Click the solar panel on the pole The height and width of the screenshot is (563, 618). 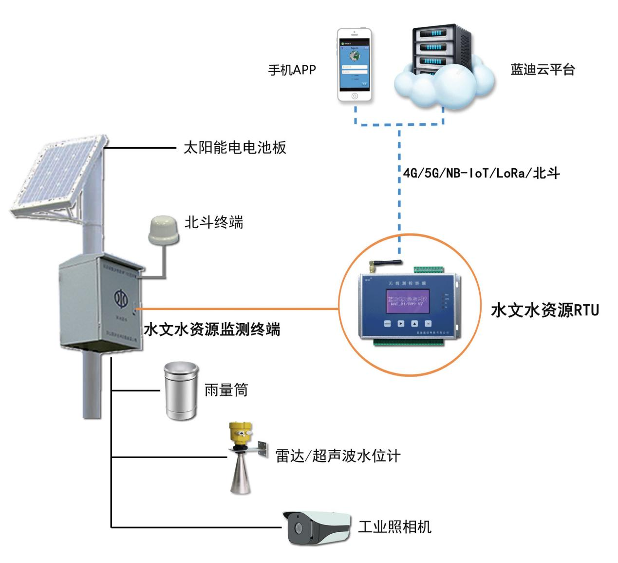pyautogui.click(x=57, y=176)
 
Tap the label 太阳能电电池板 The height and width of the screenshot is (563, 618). pyautogui.click(x=235, y=147)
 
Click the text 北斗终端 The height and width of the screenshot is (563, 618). pyautogui.click(x=213, y=222)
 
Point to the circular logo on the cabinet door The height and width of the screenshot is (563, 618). pyautogui.click(x=120, y=298)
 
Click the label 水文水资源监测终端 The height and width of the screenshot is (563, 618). pyautogui.click(x=212, y=330)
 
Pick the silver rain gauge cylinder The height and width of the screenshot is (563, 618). pyautogui.click(x=180, y=390)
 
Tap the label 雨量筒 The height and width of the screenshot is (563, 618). pyautogui.click(x=226, y=390)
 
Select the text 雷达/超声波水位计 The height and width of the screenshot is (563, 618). pyautogui.click(x=338, y=456)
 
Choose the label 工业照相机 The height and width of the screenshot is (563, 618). pyautogui.click(x=394, y=527)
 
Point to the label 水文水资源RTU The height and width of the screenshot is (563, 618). pyautogui.click(x=544, y=310)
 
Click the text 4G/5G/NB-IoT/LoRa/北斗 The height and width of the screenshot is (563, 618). pyautogui.click(x=481, y=173)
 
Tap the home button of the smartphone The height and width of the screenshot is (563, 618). pyautogui.click(x=355, y=96)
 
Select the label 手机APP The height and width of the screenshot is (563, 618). pyautogui.click(x=292, y=70)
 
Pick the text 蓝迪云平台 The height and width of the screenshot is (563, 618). pyautogui.click(x=542, y=69)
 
